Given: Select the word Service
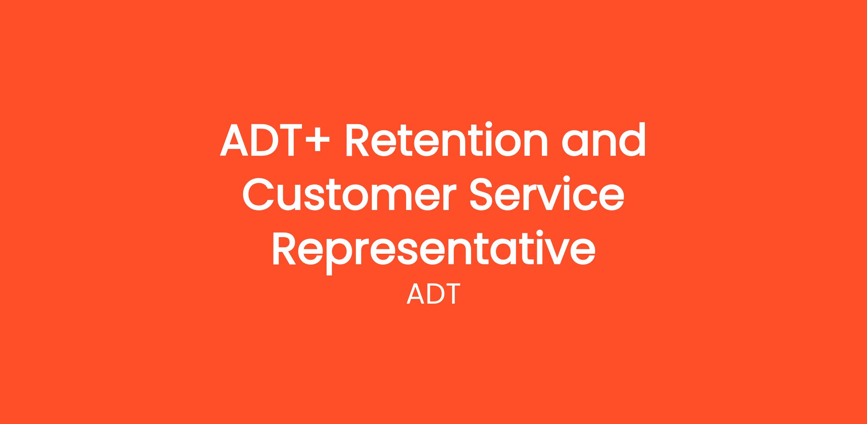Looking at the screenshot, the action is pos(547,193).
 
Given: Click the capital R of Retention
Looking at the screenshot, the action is pos(357,140).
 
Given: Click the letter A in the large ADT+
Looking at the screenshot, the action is pos(234,140).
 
